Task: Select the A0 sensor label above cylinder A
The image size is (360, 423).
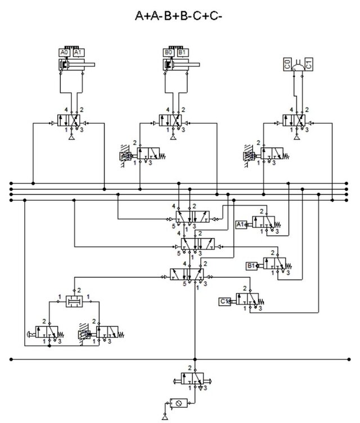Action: click(64, 52)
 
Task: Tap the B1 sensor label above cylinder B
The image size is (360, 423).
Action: click(182, 52)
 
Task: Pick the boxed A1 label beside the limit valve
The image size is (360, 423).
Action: click(240, 223)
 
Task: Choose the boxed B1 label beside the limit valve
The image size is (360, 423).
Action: click(251, 264)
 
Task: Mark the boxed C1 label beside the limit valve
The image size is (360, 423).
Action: click(224, 301)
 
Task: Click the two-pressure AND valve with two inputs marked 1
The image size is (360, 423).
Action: click(74, 301)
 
